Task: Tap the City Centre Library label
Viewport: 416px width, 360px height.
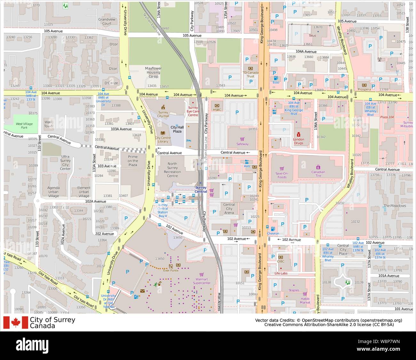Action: tap(163, 140)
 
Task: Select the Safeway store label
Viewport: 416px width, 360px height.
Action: tap(242, 144)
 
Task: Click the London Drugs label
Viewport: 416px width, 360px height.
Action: tap(298, 141)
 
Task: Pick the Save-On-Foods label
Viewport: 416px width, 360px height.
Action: tap(282, 175)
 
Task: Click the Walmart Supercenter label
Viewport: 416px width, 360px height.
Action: tap(202, 281)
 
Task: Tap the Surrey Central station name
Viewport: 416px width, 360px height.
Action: tap(201, 190)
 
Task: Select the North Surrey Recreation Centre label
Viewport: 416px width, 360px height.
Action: tap(172, 170)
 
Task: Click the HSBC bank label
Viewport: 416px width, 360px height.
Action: tap(217, 110)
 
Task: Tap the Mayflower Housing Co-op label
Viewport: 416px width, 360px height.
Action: tap(153, 72)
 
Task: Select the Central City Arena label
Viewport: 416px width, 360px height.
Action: tap(229, 209)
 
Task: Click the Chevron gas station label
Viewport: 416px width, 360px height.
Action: tap(273, 233)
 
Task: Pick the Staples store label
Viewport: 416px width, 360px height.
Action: tap(293, 290)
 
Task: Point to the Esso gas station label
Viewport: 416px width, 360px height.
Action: tap(276, 82)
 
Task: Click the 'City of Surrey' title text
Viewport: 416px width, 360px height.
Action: tap(52, 320)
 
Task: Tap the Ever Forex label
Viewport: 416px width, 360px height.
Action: tap(170, 270)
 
